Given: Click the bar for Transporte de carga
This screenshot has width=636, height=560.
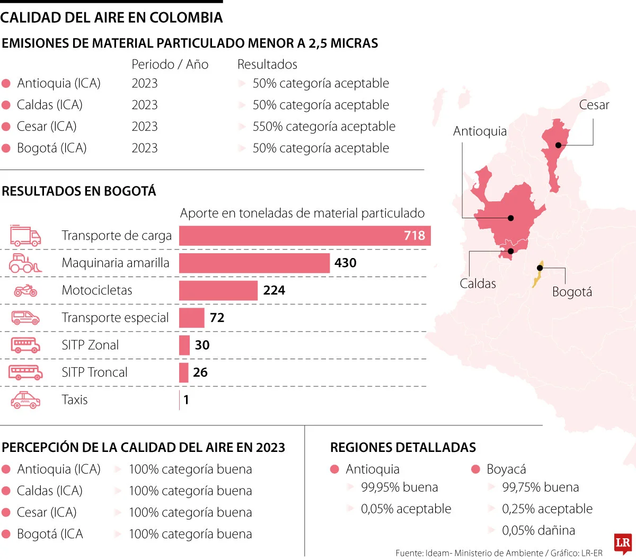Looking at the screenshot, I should point(305,236).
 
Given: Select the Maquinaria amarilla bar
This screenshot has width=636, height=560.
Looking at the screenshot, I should point(254,263).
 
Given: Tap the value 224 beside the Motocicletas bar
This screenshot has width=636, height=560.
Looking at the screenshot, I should point(274,290).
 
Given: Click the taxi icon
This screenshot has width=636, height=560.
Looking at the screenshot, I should point(25,400).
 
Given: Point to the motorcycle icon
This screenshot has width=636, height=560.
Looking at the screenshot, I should point(25,290).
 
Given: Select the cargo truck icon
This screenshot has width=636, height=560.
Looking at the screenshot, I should point(25,236).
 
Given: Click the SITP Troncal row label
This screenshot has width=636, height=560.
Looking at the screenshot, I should point(94,372).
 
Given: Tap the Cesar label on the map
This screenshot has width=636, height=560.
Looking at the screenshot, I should point(594,105).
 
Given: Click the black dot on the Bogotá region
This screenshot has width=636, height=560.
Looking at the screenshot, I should point(540,268).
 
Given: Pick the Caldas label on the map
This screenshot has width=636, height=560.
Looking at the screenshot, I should point(478,283).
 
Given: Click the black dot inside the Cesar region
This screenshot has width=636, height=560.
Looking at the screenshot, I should point(558,145).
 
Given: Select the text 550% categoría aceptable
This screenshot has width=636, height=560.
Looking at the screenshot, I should point(324,127).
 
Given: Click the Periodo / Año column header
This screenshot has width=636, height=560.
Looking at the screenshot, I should point(170,65).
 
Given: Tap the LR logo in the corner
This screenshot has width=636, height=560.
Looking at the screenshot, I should point(623,543).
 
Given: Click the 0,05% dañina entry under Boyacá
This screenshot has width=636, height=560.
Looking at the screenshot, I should point(538,530).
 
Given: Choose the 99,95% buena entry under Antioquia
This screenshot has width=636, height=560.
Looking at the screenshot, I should point(399,487).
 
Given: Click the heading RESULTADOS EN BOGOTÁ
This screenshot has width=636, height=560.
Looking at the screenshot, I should point(79,191).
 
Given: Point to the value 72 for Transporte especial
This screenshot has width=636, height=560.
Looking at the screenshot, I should point(217,318).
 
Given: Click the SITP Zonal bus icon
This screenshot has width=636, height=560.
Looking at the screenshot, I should point(25,345).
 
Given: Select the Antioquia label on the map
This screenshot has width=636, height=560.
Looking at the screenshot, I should point(480,131).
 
